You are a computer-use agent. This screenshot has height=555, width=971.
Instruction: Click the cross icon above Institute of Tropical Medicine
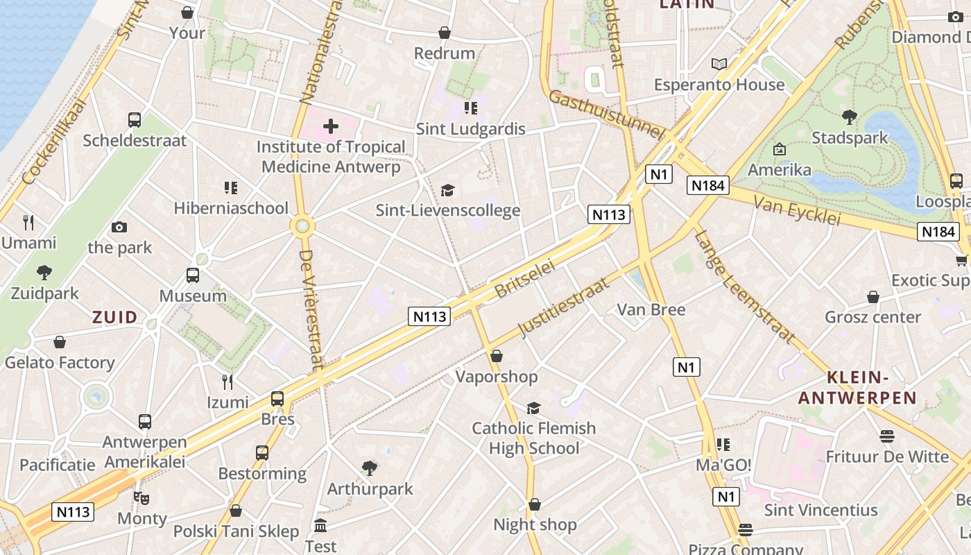click(x=331, y=126)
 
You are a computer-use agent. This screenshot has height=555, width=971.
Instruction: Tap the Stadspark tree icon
click(x=849, y=117)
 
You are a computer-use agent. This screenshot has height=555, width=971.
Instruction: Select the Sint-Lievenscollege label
click(x=448, y=210)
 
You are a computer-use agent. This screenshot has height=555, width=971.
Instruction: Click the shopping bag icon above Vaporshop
click(x=497, y=356)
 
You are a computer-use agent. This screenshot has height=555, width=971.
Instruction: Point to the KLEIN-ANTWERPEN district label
click(x=858, y=388)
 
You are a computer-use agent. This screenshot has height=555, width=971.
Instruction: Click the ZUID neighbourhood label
click(x=115, y=318)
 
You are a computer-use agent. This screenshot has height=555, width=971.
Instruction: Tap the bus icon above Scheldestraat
click(x=135, y=119)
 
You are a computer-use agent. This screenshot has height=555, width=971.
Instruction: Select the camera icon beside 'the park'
click(x=119, y=227)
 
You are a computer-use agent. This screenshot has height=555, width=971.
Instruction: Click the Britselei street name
click(x=525, y=280)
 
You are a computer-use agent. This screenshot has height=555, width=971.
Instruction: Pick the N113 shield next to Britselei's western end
click(x=430, y=317)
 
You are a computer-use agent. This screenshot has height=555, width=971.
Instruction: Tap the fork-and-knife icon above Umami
click(x=28, y=222)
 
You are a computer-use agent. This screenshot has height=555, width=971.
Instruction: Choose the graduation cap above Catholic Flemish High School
click(x=533, y=408)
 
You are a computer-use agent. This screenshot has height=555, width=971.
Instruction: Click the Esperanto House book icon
click(x=719, y=64)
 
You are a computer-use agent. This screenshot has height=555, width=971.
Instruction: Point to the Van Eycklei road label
click(x=796, y=210)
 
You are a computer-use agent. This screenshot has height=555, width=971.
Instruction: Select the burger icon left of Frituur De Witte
click(x=887, y=436)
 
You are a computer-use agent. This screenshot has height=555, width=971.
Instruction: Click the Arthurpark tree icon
click(x=370, y=468)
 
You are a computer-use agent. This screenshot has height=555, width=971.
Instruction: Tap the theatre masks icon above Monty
click(x=141, y=497)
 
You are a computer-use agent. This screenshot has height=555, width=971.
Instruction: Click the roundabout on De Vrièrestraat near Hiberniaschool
click(x=303, y=225)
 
